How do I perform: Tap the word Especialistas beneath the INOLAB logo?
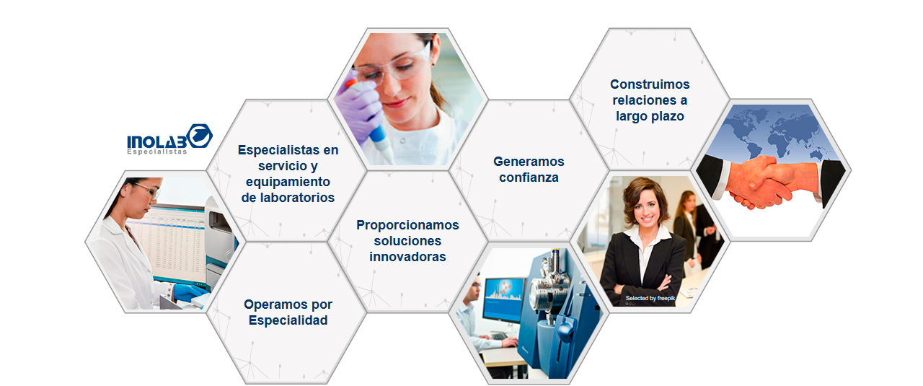156,152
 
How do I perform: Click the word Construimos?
650,84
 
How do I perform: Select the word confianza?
529,177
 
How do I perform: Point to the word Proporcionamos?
407,225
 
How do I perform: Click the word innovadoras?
407,257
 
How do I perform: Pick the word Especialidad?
288,320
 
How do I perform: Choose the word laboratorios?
288,197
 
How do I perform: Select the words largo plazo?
650,115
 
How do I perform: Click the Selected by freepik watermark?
650,298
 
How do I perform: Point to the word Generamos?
529,162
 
